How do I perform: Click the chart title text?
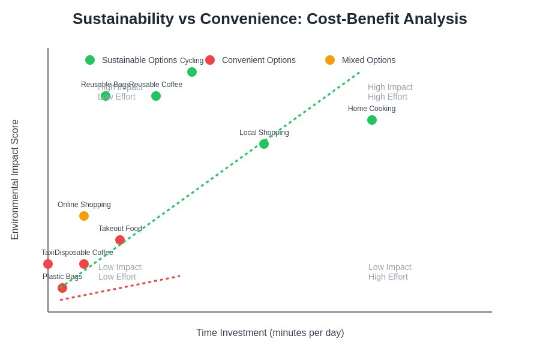269,19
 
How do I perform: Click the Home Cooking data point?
372,120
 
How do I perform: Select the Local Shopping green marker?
264,144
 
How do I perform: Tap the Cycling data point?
192,72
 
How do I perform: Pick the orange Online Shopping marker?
84,216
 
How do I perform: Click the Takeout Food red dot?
120,240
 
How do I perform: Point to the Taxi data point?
48,264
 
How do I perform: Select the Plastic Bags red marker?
62,288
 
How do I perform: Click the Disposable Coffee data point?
84,264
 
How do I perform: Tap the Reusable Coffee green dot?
156,96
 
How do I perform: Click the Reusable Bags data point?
106,96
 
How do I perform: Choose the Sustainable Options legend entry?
132,60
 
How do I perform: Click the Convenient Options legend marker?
210,60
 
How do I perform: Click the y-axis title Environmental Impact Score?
15,180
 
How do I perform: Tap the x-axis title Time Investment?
270,333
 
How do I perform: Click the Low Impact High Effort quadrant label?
389,272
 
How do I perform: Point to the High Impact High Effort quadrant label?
390,92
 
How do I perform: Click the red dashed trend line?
120,288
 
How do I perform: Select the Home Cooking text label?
371,109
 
